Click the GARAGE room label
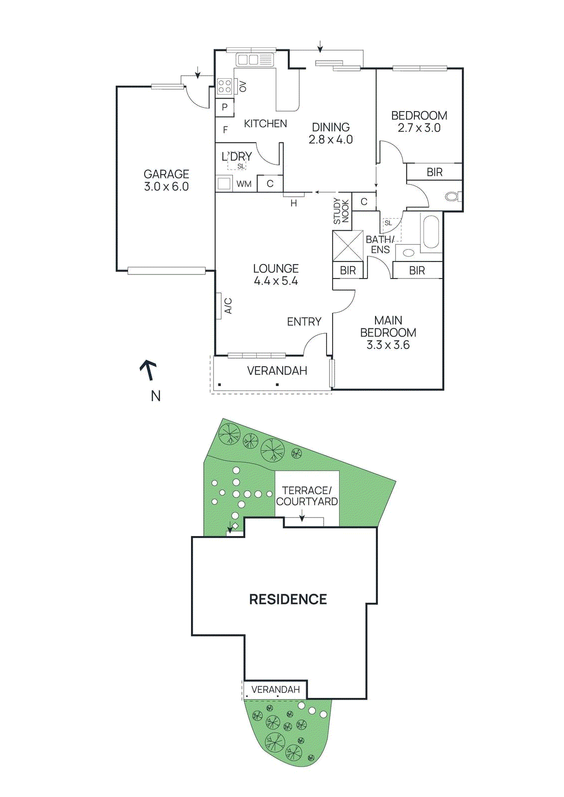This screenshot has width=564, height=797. point(166,174)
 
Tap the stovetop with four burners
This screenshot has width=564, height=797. point(224,87)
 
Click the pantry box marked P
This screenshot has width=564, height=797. point(225,107)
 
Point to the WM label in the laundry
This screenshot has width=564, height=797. point(244,184)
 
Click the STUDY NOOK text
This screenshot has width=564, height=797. point(342,211)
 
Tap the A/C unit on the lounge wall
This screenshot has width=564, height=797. point(219,305)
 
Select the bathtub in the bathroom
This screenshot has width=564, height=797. point(430,231)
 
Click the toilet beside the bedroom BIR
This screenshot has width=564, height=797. point(452,197)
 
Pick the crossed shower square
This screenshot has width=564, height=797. point(348,246)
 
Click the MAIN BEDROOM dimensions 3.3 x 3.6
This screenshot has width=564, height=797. point(388,345)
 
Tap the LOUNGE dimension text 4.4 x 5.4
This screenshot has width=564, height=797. point(276,281)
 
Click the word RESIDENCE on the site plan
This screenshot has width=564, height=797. point(288,599)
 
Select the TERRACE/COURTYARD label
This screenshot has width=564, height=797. point(307,496)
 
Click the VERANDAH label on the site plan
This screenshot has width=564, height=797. point(275,689)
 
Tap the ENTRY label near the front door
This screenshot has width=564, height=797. point(304,322)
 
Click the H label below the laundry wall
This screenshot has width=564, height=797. point(294,203)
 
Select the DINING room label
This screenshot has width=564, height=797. point(331,128)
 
